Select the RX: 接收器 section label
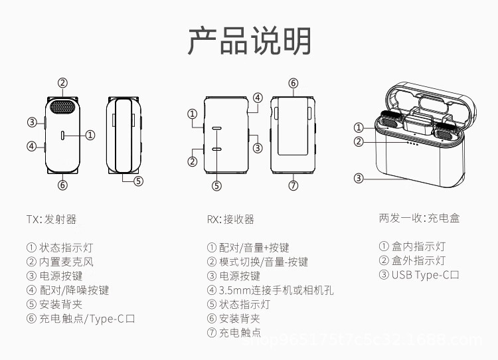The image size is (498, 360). tap(230, 219)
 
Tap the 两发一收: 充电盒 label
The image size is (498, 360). tap(419, 218)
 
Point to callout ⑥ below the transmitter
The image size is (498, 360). tap(62, 185)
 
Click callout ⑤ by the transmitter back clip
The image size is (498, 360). tap(138, 180)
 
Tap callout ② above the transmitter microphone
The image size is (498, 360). tap(62, 83)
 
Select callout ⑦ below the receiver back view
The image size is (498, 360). tap(293, 185)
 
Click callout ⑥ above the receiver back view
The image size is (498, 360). tap(293, 83)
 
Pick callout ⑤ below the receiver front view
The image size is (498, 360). tap(216, 185)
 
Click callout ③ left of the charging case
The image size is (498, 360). tap(359, 177)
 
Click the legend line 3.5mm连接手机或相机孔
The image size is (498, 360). tap(270, 290)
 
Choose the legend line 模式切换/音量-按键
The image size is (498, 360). tap(258, 262)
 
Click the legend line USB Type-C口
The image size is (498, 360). tap(419, 275)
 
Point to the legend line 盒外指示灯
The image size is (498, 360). tap(412, 261)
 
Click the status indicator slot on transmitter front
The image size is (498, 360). tap(63, 135)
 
